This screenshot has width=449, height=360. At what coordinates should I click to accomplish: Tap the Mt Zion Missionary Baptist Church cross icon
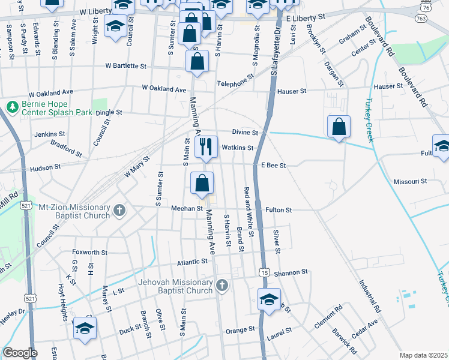pyautogui.click(x=119, y=211)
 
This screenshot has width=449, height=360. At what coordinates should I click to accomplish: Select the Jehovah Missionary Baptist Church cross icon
pyautogui.click(x=223, y=285)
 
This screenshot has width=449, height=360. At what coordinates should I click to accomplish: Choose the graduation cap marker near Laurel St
pyautogui.click(x=269, y=299)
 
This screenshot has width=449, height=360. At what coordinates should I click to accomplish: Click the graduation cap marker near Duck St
pyautogui.click(x=85, y=328)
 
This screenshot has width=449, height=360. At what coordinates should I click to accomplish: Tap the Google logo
pyautogui.click(x=20, y=353)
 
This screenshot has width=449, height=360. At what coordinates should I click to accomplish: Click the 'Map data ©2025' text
pyautogui.click(x=423, y=355)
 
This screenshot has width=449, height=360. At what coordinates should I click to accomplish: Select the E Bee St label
pyautogui.click(x=273, y=165)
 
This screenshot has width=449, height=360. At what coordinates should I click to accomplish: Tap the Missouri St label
pyautogui.click(x=409, y=181)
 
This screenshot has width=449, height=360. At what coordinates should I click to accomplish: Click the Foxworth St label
pyautogui.click(x=89, y=253)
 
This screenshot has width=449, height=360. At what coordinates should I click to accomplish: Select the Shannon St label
pyautogui.click(x=291, y=272)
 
